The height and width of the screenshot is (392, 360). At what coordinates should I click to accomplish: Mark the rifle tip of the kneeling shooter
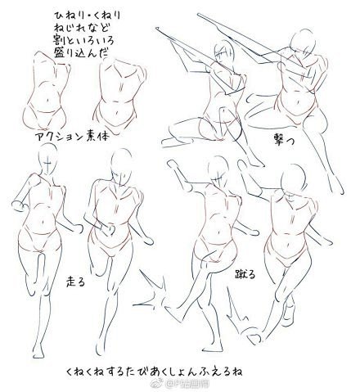click(159, 26)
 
